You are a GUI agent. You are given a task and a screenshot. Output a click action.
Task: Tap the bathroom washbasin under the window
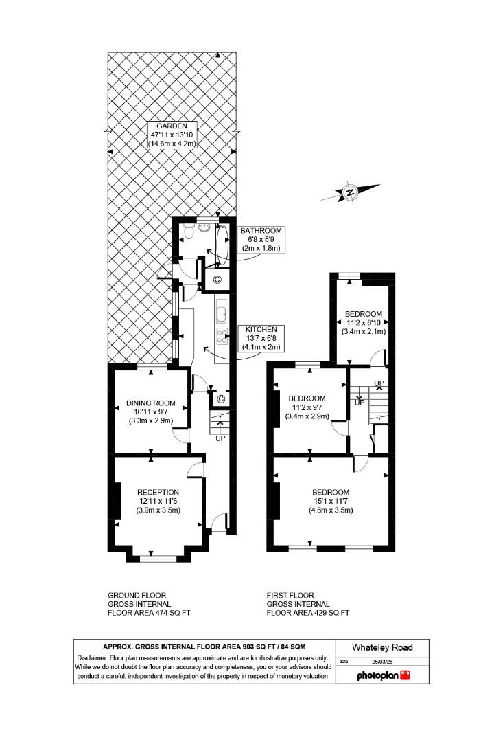point(205,227)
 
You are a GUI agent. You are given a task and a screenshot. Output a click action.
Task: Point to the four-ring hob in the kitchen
point(222,336)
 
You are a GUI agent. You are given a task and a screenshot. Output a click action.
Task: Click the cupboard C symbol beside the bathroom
point(217,279)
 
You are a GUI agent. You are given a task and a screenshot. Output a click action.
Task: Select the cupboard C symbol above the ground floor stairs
point(221,399)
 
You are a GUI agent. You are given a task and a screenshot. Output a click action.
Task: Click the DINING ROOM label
point(150,403)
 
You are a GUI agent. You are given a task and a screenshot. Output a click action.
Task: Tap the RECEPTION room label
point(158,492)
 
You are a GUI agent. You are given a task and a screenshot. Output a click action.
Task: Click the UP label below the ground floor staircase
point(220,438)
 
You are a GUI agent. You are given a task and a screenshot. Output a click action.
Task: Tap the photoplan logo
point(383,675)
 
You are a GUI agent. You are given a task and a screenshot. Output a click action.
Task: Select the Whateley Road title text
point(382,647)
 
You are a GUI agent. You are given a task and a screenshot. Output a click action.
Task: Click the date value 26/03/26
point(381,662)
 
